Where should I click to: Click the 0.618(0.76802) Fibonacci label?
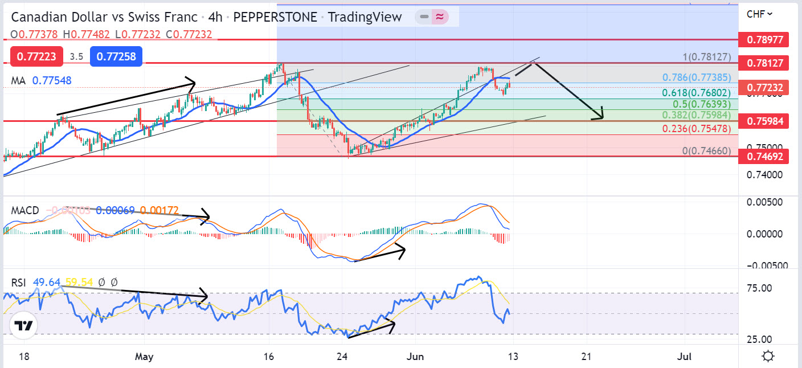click(x=696, y=93)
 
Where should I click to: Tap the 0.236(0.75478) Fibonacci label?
click(x=696, y=129)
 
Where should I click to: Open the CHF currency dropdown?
click(x=760, y=14)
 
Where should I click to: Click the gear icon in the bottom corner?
click(x=768, y=357)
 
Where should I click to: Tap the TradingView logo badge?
click(x=23, y=326)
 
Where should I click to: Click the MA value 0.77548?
click(x=52, y=81)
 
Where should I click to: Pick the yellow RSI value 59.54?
click(x=79, y=281)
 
